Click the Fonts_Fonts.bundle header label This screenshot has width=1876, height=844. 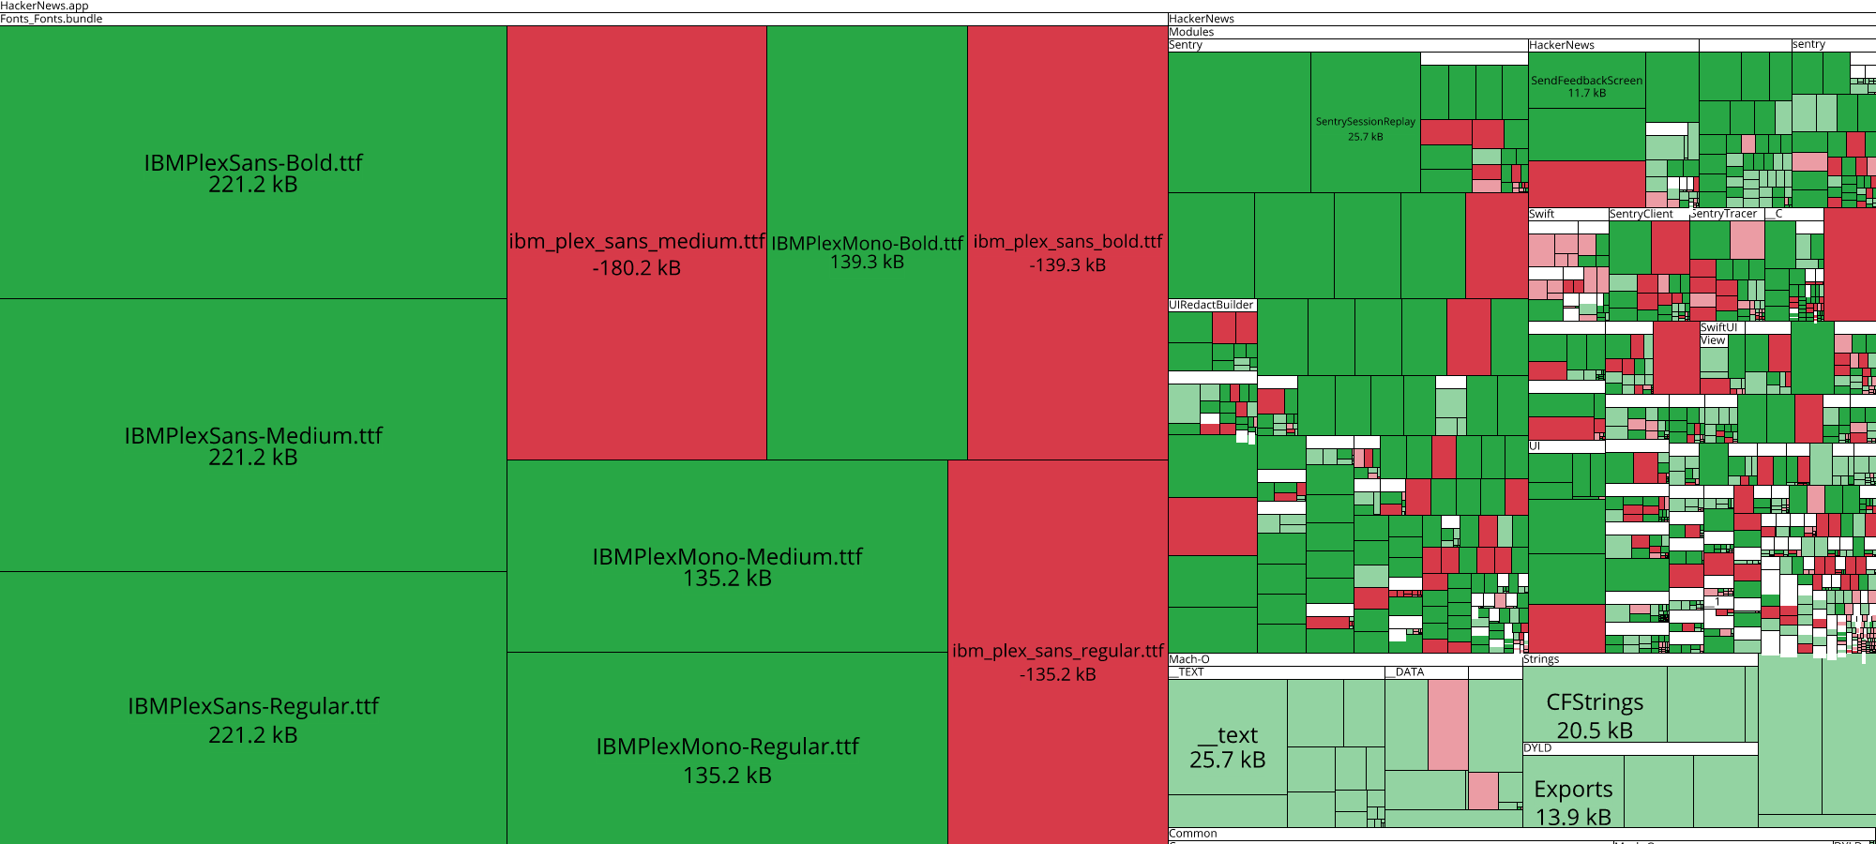52,19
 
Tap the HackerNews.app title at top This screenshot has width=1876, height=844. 45,6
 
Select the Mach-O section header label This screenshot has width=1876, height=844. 1189,659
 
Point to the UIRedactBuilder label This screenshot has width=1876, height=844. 1211,305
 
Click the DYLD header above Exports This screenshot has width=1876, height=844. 1537,748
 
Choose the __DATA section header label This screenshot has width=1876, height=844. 1404,672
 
